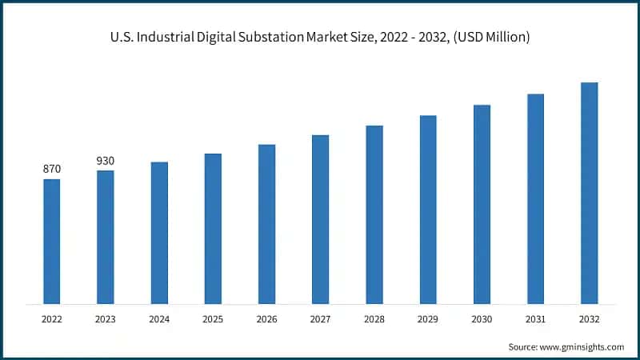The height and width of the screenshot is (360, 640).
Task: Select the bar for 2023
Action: pyautogui.click(x=106, y=237)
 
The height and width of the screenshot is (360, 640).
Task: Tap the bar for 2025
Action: pyautogui.click(x=213, y=229)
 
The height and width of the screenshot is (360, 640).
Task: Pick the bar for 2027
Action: pyautogui.click(x=320, y=219)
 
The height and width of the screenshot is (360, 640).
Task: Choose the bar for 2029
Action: pyautogui.click(x=428, y=210)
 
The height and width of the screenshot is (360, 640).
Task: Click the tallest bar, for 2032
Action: pyautogui.click(x=589, y=193)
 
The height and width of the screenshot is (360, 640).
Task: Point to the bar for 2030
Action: pyautogui.click(x=482, y=204)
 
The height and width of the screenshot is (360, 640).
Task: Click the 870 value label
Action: pyautogui.click(x=52, y=169)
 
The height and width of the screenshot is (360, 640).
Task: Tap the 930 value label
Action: pyautogui.click(x=106, y=161)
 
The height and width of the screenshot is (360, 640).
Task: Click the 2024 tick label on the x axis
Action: pyautogui.click(x=159, y=318)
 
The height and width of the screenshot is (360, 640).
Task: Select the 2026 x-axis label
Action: pyautogui.click(x=266, y=318)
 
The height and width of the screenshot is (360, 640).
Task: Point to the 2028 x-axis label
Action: pyautogui.click(x=374, y=318)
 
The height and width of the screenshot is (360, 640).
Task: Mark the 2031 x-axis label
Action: pyautogui.click(x=535, y=318)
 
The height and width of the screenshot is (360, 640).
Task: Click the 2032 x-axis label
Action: pyautogui.click(x=589, y=318)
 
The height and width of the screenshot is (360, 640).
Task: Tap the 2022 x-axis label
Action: pyautogui.click(x=52, y=318)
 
